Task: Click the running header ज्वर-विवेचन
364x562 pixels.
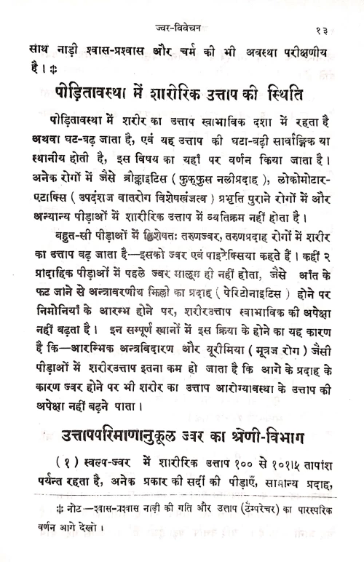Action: [x=173, y=9]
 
